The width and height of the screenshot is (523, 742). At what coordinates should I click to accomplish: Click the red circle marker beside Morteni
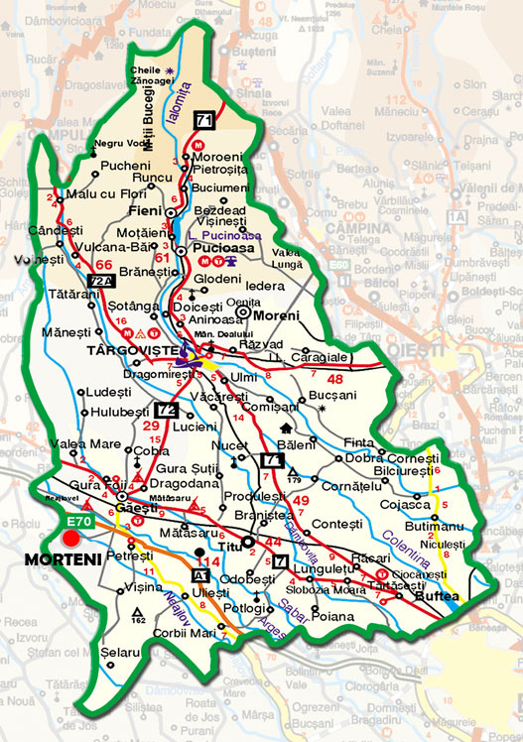tap(70, 538)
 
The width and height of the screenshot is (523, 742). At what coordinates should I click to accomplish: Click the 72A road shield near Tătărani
tap(100, 282)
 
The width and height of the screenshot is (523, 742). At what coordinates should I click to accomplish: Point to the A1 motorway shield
tap(201, 574)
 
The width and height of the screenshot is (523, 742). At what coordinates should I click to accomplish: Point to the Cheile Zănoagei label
tap(148, 76)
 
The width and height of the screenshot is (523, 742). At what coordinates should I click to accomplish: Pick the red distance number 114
tap(208, 562)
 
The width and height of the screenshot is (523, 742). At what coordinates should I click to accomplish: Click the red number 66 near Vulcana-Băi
tap(105, 264)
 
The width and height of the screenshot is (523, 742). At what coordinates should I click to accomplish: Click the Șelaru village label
tap(121, 653)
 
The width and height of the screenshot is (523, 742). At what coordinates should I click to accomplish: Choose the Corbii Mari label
tap(183, 632)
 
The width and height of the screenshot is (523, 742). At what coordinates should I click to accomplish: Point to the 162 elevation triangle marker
tap(138, 615)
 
